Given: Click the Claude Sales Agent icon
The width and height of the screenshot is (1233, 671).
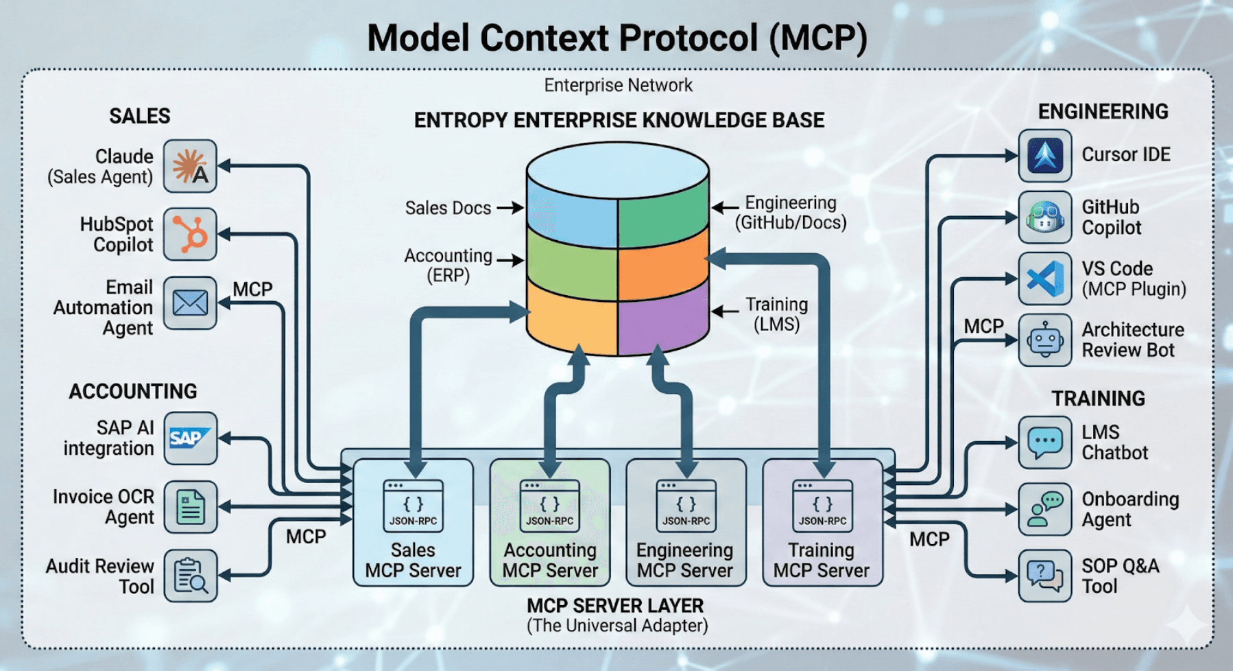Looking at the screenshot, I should point(190,166).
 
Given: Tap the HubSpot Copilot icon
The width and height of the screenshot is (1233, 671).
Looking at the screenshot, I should point(190,234).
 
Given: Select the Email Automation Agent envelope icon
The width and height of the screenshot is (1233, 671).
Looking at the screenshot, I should point(190,303).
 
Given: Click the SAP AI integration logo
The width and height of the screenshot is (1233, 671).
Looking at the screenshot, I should point(190,438).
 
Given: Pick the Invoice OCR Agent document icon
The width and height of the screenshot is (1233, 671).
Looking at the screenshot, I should point(190,507).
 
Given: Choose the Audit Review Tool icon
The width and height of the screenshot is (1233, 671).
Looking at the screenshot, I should point(190,576).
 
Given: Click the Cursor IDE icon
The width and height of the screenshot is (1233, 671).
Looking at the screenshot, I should point(1044,156).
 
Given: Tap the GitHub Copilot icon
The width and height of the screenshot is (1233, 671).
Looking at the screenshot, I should point(1044,217).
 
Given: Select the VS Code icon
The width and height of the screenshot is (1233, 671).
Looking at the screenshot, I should point(1044,279).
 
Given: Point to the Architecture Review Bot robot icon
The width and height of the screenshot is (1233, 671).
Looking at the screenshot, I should point(1044,340).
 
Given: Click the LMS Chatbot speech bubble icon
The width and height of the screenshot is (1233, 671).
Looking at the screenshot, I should point(1044,442).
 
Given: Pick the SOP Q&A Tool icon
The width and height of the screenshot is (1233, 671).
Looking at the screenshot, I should point(1044,576).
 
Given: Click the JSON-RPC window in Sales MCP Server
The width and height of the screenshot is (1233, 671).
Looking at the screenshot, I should point(413,506).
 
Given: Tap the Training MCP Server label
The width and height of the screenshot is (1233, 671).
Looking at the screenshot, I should point(821,561).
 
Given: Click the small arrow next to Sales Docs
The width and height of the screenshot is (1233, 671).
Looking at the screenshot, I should point(510,207).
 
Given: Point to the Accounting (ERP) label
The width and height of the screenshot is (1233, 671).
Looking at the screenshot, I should point(448,266).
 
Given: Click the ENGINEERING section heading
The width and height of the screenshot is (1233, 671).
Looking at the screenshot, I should point(1103,112).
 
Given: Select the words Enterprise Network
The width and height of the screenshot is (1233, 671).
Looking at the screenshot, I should point(618,86).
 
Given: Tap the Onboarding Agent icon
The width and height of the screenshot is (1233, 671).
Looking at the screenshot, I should point(1044,509).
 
